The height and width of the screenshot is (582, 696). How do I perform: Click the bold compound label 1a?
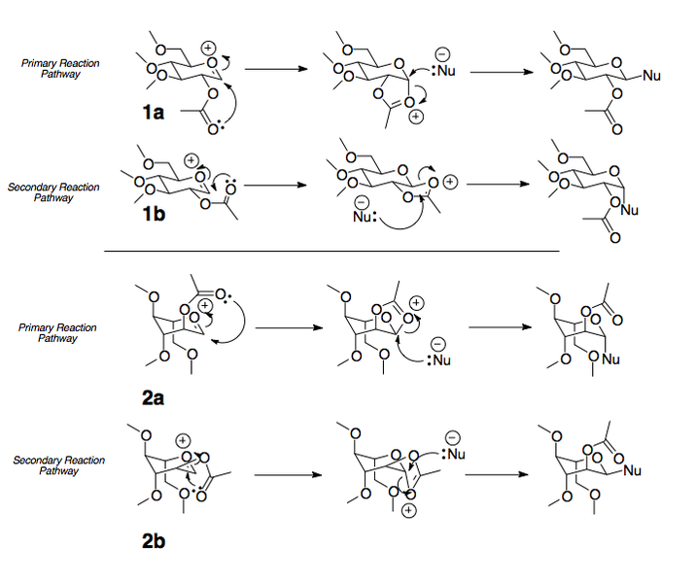tap(154, 113)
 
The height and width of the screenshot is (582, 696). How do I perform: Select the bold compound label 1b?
tap(154, 214)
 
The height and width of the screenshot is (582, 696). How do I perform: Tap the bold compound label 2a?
tap(154, 398)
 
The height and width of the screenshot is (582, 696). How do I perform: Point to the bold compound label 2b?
tap(154, 541)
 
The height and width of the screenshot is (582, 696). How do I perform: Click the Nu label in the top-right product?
tap(651, 76)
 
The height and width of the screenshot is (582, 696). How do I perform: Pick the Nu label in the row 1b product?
tap(630, 210)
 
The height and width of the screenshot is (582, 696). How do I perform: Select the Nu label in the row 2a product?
tap(610, 359)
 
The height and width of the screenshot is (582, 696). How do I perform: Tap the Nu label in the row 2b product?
tap(632, 470)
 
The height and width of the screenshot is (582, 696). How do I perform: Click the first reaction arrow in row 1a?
tap(276, 69)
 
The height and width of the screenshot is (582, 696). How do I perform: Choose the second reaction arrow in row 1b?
tap(498, 184)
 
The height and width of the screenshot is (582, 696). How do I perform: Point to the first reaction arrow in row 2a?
tap(289, 327)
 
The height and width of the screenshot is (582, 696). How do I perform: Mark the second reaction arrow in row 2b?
tap(497, 474)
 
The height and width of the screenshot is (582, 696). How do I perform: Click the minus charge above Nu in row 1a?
tap(442, 55)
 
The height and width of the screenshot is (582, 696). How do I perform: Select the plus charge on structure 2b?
tap(183, 440)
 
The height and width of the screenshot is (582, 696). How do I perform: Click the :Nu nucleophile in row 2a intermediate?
tap(439, 359)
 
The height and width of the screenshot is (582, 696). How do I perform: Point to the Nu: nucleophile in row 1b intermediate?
tap(365, 217)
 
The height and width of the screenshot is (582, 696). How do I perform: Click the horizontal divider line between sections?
tap(331, 251)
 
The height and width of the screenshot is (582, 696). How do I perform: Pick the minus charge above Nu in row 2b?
tap(452, 437)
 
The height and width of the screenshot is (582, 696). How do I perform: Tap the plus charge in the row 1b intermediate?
tap(450, 182)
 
